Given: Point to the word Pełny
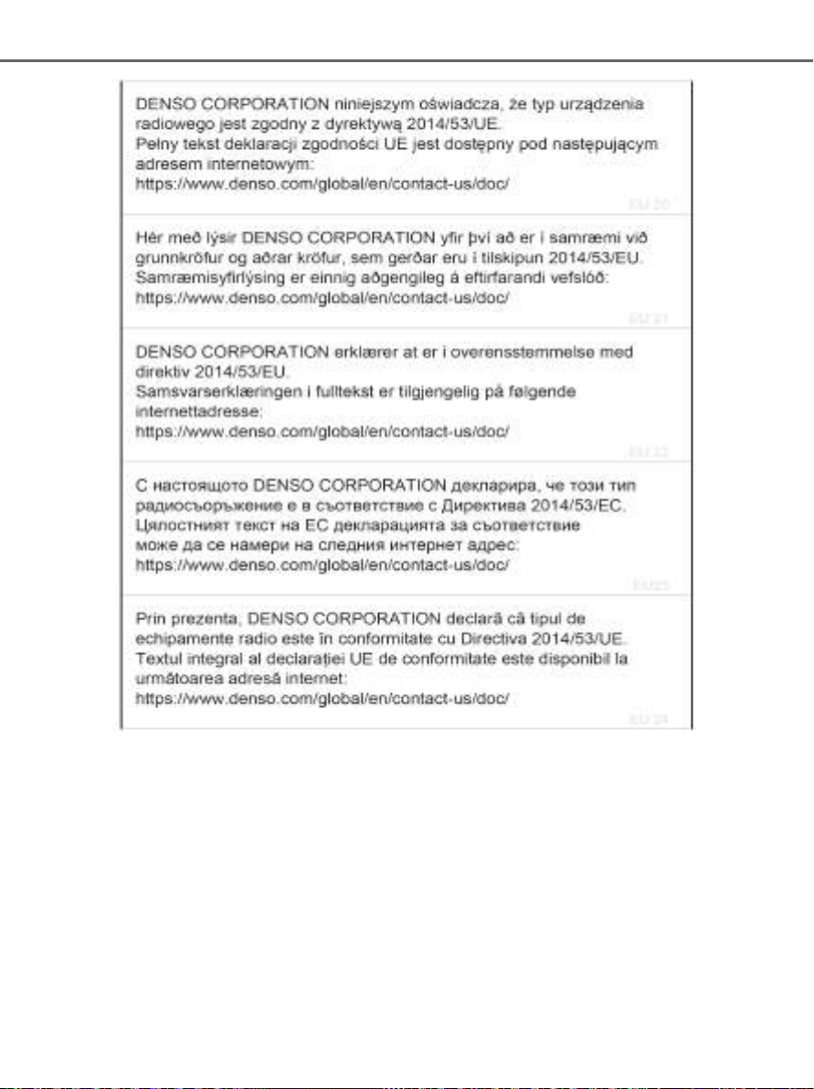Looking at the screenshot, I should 153,144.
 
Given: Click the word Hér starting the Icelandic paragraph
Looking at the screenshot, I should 148,238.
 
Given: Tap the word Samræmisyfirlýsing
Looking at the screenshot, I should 203,278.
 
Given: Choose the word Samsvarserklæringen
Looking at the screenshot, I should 208,391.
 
